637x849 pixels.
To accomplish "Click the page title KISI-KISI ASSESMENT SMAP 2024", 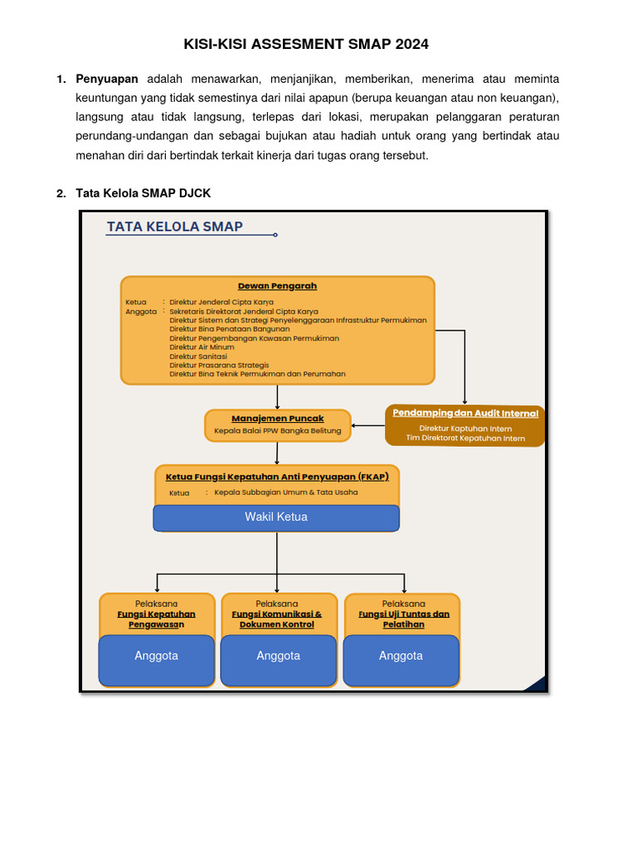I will click(x=306, y=44).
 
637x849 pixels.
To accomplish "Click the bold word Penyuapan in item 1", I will click(x=107, y=79).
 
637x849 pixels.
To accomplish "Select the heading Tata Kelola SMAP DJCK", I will click(x=143, y=193).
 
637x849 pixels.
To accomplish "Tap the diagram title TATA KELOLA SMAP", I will click(x=175, y=226).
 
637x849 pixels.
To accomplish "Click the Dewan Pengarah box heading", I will click(x=277, y=286).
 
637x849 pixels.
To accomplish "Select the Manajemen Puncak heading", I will click(x=277, y=419).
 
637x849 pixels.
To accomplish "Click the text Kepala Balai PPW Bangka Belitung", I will click(x=277, y=431).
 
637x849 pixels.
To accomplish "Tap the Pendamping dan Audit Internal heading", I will click(x=465, y=413).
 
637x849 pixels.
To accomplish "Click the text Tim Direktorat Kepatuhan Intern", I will click(x=465, y=439).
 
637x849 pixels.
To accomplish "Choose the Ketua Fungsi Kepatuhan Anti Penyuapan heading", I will click(x=277, y=477).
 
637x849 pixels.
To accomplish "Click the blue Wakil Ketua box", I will click(x=276, y=517).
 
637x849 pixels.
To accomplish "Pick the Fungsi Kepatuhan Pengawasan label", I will click(x=157, y=619).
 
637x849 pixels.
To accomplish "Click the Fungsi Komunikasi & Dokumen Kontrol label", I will click(x=277, y=619).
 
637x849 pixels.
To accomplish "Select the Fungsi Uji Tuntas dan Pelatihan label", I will click(x=403, y=619).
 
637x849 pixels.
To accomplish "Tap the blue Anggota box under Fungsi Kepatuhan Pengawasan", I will click(x=157, y=660).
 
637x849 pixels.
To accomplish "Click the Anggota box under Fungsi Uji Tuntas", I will click(x=401, y=660).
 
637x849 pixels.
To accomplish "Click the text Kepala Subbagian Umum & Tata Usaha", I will click(x=285, y=492).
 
